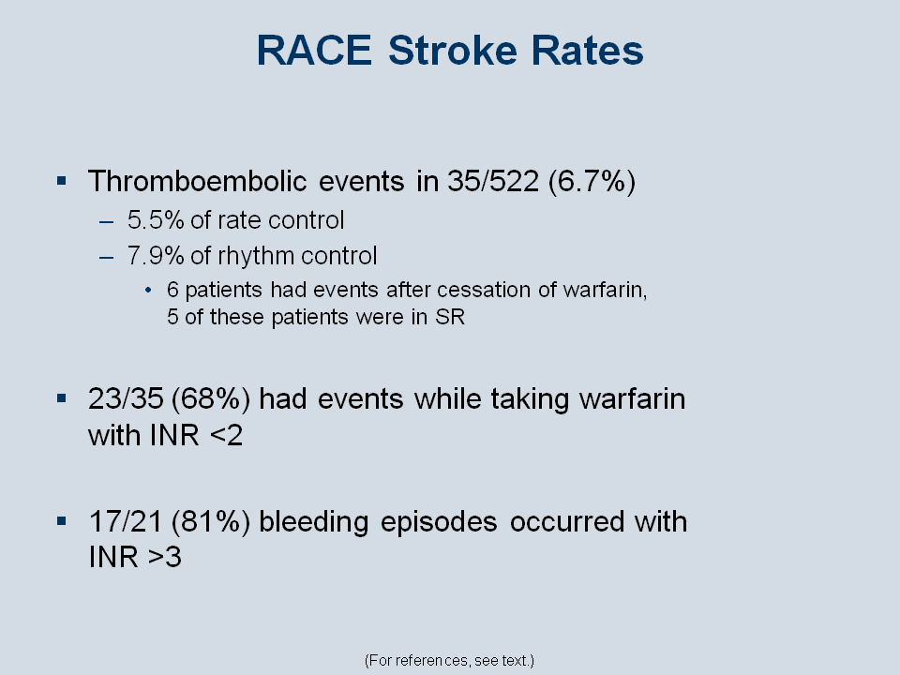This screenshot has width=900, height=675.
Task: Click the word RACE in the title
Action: [314, 51]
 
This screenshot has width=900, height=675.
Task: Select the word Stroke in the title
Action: [453, 51]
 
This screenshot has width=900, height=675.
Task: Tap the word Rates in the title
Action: [587, 51]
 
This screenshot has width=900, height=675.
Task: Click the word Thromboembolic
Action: [198, 181]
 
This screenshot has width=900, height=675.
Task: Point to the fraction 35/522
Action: [493, 181]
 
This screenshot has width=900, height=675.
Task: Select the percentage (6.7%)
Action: [592, 182]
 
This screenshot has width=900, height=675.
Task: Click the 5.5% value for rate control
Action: [156, 220]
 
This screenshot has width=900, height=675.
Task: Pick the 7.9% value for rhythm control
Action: [156, 256]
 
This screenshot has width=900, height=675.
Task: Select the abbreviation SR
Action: [450, 317]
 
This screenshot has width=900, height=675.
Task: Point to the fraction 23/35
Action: [126, 399]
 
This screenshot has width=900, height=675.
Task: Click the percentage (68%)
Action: [211, 399]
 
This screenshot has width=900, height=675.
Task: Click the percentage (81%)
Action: [211, 522]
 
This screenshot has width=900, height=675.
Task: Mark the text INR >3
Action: [135, 557]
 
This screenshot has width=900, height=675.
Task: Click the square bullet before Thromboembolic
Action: [62, 181]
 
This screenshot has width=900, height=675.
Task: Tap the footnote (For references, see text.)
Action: [449, 661]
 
